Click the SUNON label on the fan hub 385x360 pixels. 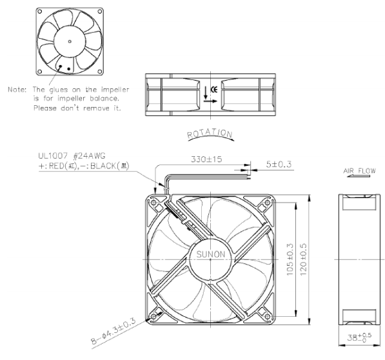tap(211, 254)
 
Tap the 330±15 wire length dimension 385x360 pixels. tap(206, 159)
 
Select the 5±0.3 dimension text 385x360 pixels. tap(279, 164)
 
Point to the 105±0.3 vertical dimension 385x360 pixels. tap(290, 259)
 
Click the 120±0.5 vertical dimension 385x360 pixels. tap(304, 259)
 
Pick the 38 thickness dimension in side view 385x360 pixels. tap(359, 337)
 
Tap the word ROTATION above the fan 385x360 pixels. tap(210, 133)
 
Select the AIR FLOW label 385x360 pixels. tap(359, 171)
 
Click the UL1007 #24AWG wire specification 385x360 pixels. tap(72, 155)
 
